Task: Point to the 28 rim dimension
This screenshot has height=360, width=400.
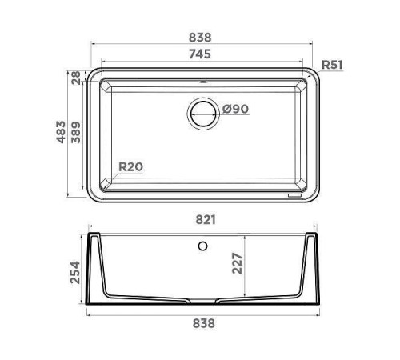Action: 76,78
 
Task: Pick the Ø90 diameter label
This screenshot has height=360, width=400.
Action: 238,110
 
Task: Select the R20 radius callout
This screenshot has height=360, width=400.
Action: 130,167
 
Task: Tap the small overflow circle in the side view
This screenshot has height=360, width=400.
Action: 203,244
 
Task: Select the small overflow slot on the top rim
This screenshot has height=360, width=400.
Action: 202,81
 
